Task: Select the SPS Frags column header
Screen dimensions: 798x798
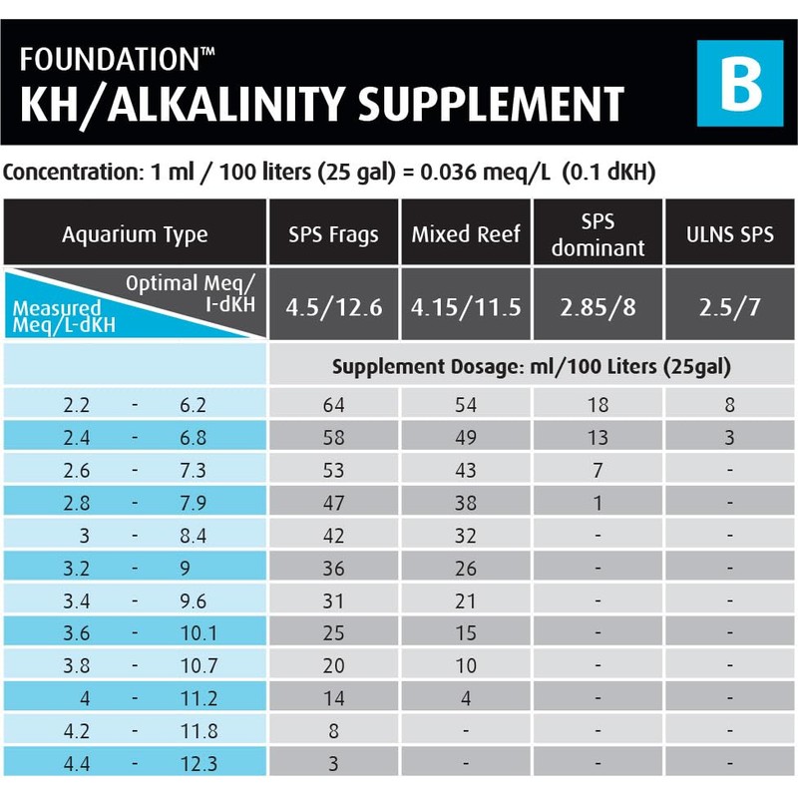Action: (x=333, y=235)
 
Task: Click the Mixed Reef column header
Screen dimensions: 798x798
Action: (x=466, y=235)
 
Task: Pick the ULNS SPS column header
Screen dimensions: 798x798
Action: (x=730, y=235)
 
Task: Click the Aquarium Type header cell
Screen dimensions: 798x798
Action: (x=135, y=235)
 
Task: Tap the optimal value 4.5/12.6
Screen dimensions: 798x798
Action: (x=333, y=306)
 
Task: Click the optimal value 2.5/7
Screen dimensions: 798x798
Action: (x=730, y=306)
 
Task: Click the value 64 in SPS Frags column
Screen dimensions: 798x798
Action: (x=333, y=405)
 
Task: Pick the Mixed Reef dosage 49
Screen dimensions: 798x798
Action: (x=466, y=438)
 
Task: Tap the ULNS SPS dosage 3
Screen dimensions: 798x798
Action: (x=730, y=438)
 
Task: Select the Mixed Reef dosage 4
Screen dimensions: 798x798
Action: (x=466, y=699)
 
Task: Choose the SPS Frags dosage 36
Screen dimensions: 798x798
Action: (x=333, y=569)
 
